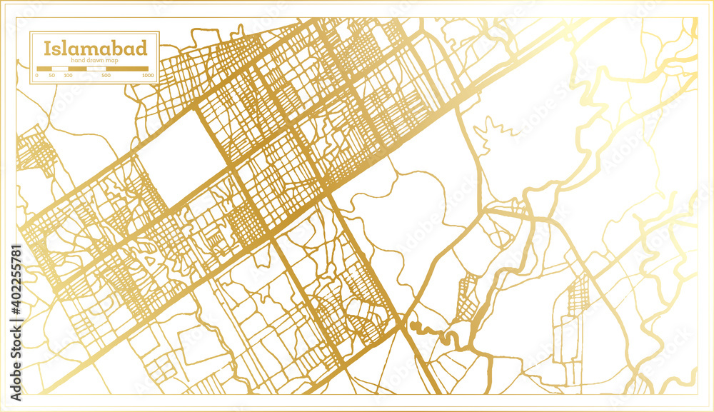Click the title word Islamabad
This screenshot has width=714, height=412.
click(x=96, y=49)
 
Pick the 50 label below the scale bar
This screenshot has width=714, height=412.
click(x=51, y=75)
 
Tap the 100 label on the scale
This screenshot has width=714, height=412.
click(x=66, y=75)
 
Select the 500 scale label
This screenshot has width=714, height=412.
click(x=106, y=75)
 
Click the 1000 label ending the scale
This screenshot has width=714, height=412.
click(x=148, y=75)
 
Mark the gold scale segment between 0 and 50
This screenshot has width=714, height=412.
click(x=44, y=69)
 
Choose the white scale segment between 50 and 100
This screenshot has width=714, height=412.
click(x=59, y=69)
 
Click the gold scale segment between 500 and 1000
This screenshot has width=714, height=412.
click(x=127, y=69)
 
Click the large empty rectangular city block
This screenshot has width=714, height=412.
click(x=174, y=149)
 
